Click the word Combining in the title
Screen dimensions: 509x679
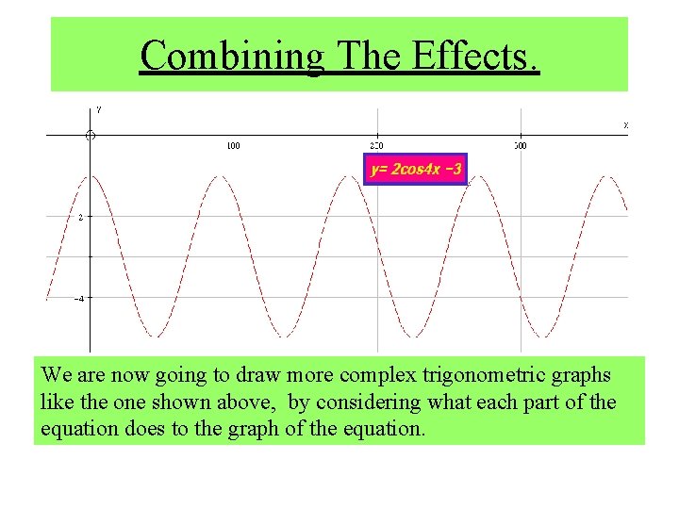click(x=232, y=56)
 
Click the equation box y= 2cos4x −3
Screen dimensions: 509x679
click(x=416, y=170)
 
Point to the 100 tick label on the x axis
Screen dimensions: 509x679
click(x=232, y=146)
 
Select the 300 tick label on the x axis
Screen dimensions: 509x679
click(x=521, y=146)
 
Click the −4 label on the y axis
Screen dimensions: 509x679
click(x=80, y=299)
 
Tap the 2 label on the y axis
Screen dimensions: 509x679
click(x=81, y=217)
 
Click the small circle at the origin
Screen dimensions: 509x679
click(x=90, y=136)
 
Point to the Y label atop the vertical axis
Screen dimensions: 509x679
click(x=98, y=109)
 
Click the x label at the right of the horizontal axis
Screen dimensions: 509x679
click(x=625, y=125)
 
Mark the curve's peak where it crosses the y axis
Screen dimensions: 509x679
click(x=90, y=176)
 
